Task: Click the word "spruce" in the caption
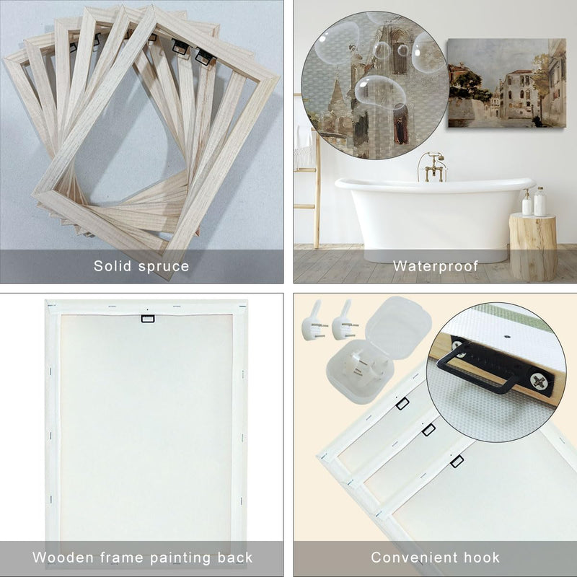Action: click(x=165, y=266)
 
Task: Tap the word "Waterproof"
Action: click(x=436, y=266)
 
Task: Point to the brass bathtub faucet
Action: click(x=433, y=167)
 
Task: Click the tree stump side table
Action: click(x=533, y=247)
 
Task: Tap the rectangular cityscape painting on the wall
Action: click(x=507, y=83)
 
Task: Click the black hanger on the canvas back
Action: click(x=148, y=319)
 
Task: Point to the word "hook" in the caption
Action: click(x=481, y=558)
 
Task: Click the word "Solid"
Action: click(x=113, y=265)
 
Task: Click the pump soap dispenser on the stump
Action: click(x=527, y=203)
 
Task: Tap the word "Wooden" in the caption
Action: click(x=63, y=558)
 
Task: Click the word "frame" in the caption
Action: click(x=121, y=558)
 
